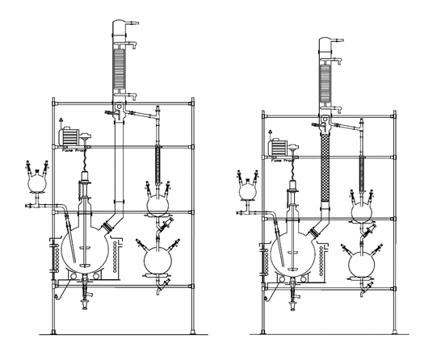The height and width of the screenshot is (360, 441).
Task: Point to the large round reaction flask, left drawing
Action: tap(86, 245)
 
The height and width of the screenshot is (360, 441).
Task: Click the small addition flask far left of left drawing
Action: tap(36, 182)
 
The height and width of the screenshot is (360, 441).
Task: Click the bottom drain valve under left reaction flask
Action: tap(86, 298)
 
